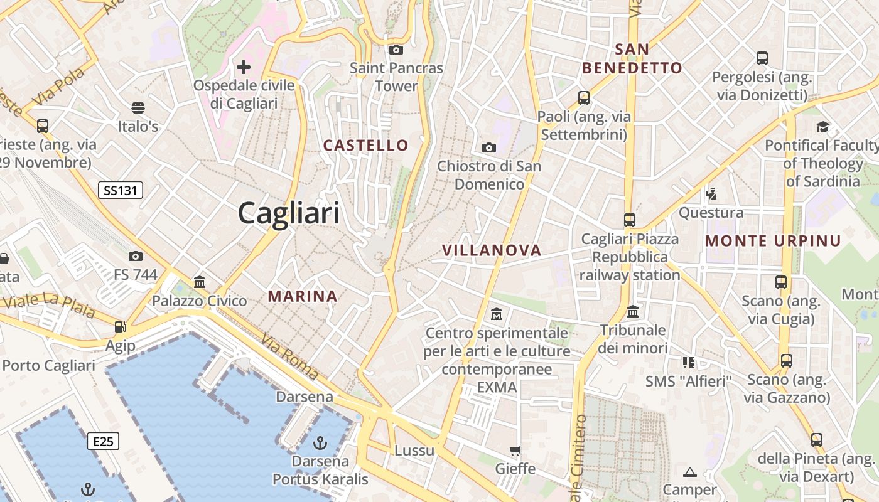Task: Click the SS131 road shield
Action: [x=121, y=190]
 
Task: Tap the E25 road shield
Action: [x=103, y=442]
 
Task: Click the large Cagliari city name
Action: [x=288, y=213]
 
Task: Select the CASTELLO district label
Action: [x=365, y=146]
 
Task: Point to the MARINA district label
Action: [x=303, y=296]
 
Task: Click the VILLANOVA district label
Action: [x=492, y=250]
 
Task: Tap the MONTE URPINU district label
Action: [x=773, y=241]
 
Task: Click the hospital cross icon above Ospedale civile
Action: [x=244, y=67]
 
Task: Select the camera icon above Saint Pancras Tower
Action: [x=396, y=50]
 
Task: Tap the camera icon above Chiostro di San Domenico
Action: [x=488, y=148]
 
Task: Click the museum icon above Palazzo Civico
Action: [x=200, y=282]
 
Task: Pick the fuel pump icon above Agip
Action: [x=119, y=326]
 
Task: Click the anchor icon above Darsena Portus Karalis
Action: [x=320, y=443]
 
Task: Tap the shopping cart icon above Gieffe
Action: [x=515, y=451]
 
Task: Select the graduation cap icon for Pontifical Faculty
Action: [x=822, y=127]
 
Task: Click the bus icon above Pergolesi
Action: [x=762, y=58]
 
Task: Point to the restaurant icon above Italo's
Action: [x=138, y=108]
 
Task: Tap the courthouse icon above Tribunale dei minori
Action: [x=633, y=311]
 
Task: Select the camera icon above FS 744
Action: [x=135, y=256]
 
